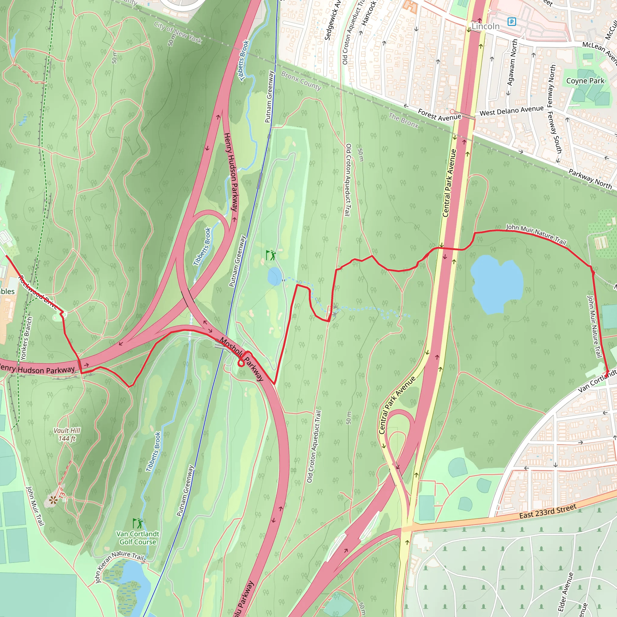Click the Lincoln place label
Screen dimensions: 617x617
point(485,26)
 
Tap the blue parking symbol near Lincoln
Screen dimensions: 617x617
point(512,22)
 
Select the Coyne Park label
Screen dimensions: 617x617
point(585,81)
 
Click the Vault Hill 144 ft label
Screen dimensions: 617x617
point(67,434)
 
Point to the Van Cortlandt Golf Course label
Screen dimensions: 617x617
point(138,538)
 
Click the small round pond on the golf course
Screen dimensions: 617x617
point(275,276)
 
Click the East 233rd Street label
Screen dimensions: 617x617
point(548,511)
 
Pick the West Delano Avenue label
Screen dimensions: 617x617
point(511,111)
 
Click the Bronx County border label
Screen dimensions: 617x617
point(301,80)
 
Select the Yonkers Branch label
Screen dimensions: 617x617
point(26,338)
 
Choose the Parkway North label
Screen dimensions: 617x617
point(590,179)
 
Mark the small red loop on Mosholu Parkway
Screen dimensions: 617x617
point(241,363)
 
